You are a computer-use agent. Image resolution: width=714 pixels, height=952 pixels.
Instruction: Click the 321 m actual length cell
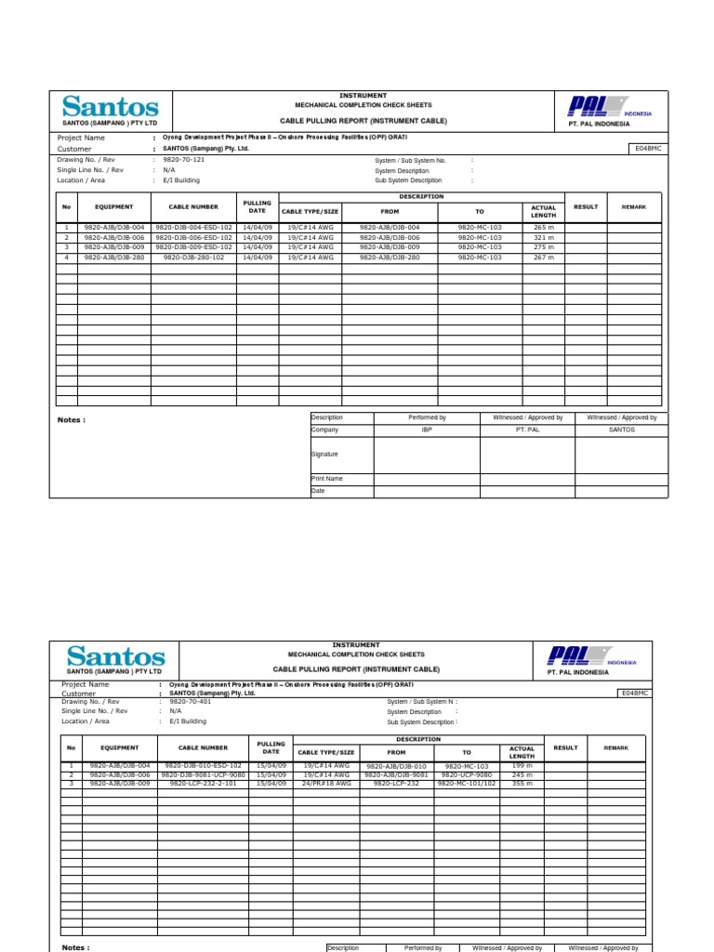(x=543, y=238)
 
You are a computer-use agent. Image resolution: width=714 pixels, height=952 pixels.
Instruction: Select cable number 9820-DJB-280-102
(x=193, y=258)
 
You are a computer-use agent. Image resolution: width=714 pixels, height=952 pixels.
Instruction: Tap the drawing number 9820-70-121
(x=183, y=160)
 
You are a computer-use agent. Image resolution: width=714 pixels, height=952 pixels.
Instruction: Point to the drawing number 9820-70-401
(x=190, y=702)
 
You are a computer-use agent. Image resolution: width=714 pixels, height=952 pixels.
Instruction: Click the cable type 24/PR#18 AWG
(x=326, y=784)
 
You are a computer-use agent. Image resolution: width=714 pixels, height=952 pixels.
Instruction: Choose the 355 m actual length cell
(x=522, y=784)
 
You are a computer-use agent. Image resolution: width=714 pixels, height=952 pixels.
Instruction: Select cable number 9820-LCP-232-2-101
(x=204, y=784)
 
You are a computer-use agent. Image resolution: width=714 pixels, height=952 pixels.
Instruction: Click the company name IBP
(x=427, y=430)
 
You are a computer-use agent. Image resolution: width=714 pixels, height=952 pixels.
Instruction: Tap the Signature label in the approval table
(x=324, y=455)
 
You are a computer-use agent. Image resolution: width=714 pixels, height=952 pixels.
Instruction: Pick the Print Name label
(x=326, y=479)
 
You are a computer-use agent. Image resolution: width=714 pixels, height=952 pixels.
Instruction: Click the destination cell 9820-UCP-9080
(x=467, y=774)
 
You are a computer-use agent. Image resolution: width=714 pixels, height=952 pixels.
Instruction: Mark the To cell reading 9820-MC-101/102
(x=467, y=784)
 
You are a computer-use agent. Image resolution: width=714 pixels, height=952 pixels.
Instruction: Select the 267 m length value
(x=543, y=258)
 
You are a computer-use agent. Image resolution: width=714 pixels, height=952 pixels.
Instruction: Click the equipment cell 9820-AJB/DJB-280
(x=114, y=258)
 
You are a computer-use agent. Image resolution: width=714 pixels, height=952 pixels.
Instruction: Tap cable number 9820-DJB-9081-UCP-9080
(x=204, y=774)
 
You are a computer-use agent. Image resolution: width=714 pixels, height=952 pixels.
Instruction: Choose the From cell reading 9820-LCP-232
(x=396, y=784)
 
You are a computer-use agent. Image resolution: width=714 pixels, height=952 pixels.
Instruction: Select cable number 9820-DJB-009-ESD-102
(x=193, y=247)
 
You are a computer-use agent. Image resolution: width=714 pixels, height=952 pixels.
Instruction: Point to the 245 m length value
(x=522, y=774)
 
